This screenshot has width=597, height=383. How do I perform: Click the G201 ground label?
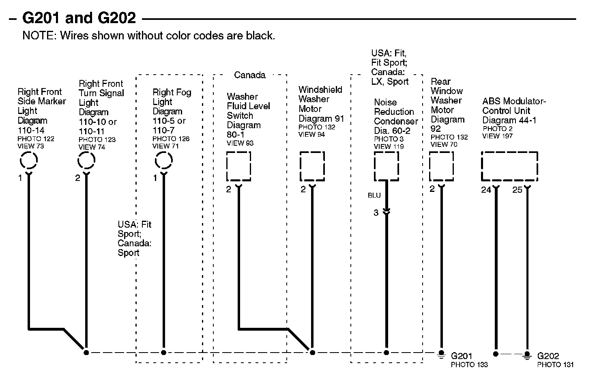pos(462,356)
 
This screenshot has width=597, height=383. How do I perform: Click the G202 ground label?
pos(548,356)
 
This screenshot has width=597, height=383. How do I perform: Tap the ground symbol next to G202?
pos(527,355)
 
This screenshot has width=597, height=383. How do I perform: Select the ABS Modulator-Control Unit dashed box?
pos(509,166)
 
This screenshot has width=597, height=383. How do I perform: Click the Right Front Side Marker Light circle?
pos(29,161)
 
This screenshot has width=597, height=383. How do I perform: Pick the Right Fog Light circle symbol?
pos(163,161)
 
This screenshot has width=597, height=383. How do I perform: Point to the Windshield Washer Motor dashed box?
pos(312,166)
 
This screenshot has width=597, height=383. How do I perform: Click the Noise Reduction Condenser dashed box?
pos(386,166)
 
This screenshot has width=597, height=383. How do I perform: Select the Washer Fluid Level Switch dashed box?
pos(238,166)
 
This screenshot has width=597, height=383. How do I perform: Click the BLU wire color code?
pos(374,196)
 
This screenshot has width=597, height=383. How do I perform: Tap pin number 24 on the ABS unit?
pos(486,190)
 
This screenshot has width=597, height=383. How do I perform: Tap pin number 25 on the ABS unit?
pos(517,190)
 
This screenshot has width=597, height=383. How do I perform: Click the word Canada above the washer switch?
pos(250,75)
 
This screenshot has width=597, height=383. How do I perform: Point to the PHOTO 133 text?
pos(469,364)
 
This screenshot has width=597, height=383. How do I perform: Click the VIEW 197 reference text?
pos(497,136)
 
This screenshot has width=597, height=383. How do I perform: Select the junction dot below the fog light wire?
pos(163,353)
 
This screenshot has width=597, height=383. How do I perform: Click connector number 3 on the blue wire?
pos(376,213)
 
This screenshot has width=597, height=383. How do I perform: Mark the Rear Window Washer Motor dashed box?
pos(441,166)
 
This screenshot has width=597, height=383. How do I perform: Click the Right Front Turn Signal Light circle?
pos(86,161)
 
